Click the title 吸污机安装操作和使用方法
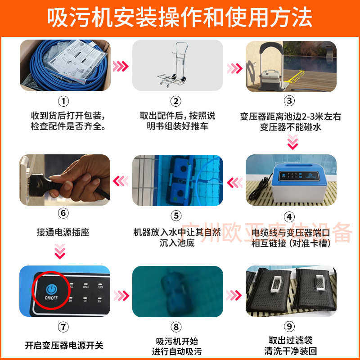pos(180,18)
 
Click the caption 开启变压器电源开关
pos(64,346)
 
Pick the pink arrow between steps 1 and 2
pos(120,67)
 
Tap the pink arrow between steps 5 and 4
pos(234,182)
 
